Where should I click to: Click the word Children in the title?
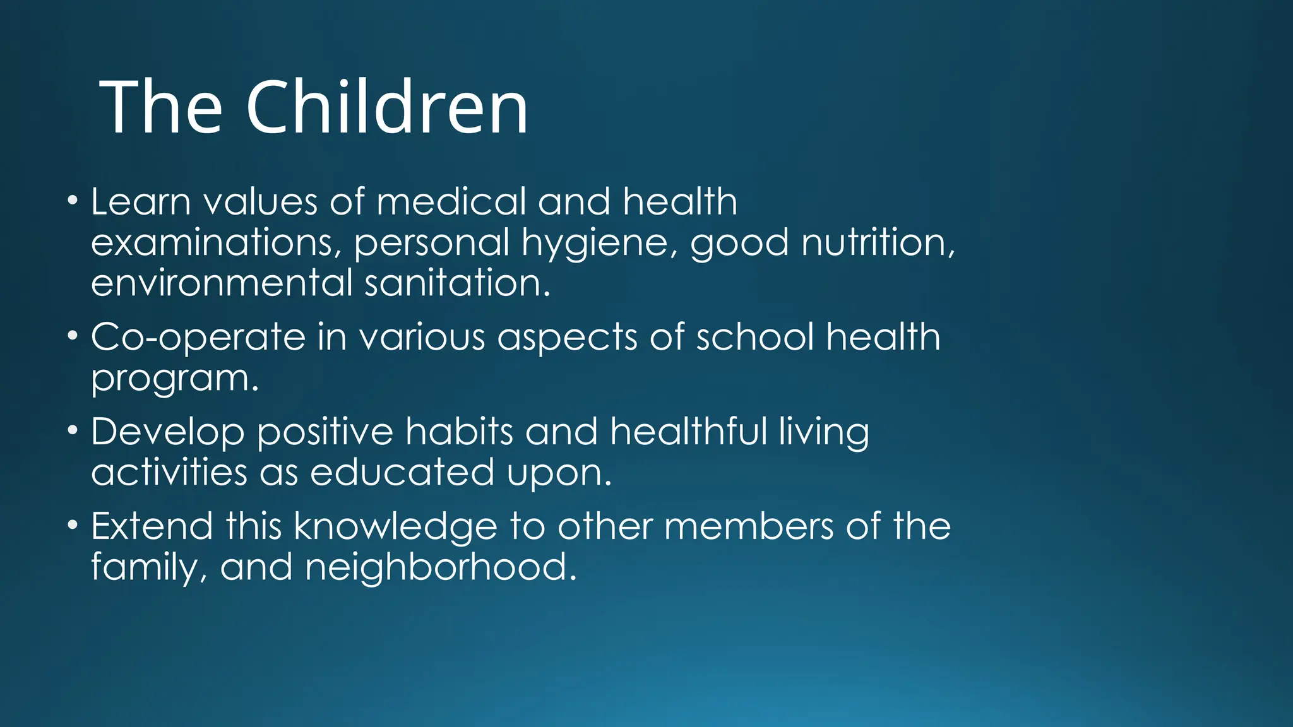[x=386, y=107]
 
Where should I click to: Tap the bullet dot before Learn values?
[x=73, y=201]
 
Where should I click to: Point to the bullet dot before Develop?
[x=73, y=431]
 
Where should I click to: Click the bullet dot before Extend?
[x=73, y=526]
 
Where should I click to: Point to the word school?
[x=754, y=336]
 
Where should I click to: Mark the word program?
[x=174, y=379]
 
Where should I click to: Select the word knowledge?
[x=395, y=527]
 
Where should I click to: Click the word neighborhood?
[x=440, y=567]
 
